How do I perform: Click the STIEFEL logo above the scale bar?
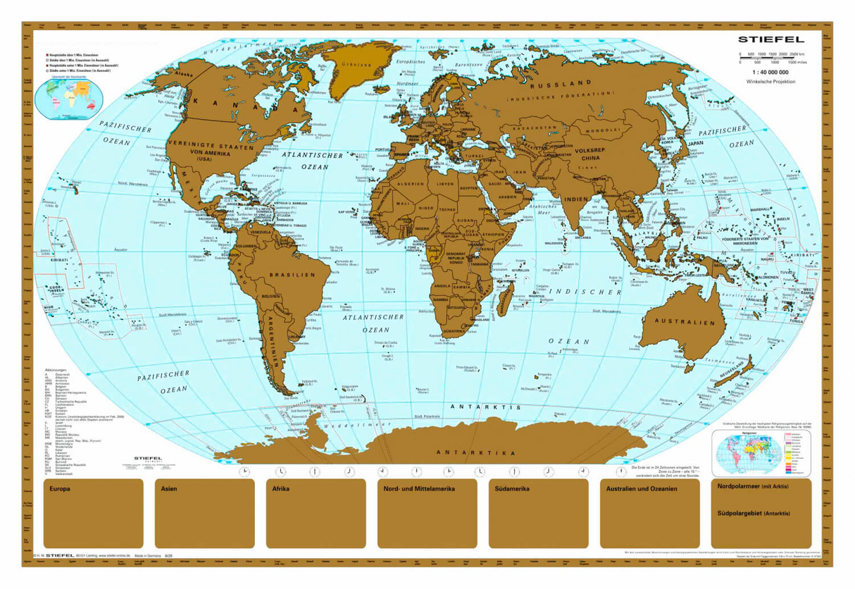[770, 39]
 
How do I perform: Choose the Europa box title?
[60, 488]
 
